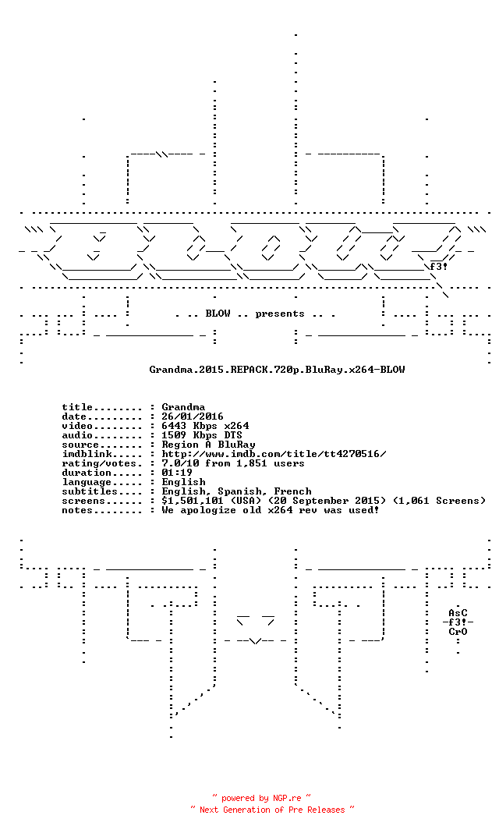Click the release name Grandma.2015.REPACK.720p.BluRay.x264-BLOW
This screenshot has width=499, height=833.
pos(277,370)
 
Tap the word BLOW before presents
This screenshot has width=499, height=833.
pos(218,314)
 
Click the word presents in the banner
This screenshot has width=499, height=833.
pos(280,314)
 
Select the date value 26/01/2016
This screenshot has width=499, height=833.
pos(193,416)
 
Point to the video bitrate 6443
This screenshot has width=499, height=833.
pos(174,426)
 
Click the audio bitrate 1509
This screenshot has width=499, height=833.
pos(174,435)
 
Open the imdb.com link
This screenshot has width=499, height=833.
pos(274,454)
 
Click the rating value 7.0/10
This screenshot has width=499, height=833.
pos(180,463)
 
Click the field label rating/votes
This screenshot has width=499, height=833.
pos(99,463)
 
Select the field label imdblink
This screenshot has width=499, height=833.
pos(87,454)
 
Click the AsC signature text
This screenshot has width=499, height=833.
pos(458,613)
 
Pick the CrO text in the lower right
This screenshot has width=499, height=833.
pos(458,632)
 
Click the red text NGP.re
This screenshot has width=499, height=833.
pos(287,798)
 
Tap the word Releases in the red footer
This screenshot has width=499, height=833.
pos(327,810)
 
